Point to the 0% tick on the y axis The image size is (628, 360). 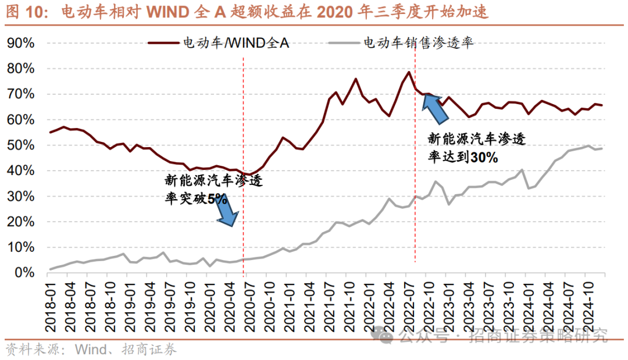click(26, 273)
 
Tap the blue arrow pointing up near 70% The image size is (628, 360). click(436, 108)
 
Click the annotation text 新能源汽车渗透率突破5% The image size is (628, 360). click(213, 190)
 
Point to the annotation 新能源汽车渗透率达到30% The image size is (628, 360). click(476, 148)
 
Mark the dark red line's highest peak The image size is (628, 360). click(409, 72)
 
